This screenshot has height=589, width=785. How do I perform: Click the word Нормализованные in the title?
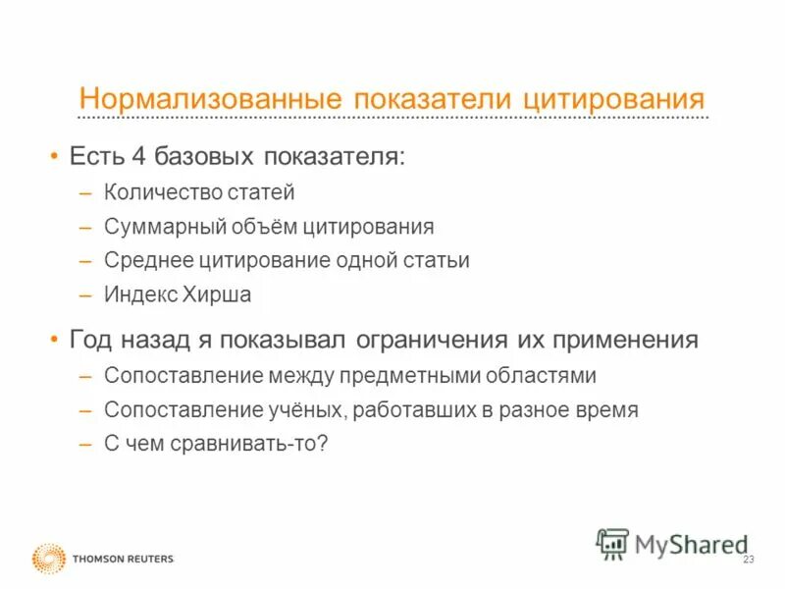click(x=210, y=99)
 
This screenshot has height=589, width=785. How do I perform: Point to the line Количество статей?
click(x=199, y=192)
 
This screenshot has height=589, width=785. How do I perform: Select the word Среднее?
click(x=146, y=260)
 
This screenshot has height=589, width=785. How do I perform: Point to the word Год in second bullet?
click(x=91, y=341)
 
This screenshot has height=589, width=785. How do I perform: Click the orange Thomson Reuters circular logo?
click(x=49, y=558)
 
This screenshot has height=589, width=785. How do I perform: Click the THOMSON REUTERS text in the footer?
click(x=123, y=559)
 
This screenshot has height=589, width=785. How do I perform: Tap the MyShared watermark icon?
click(x=613, y=543)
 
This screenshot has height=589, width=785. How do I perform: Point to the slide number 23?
click(x=749, y=560)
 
